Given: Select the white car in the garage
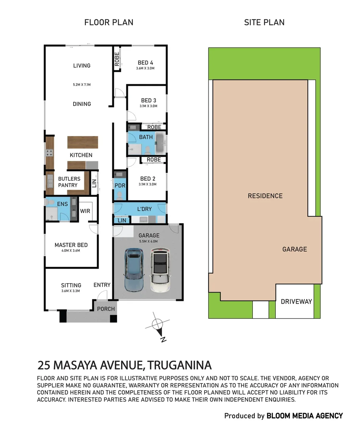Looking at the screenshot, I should click(x=160, y=270).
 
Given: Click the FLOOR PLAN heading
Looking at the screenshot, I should click(x=109, y=23).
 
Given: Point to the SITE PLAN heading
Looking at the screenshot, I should click(x=264, y=23).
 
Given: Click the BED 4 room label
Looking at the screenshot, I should click(x=145, y=63).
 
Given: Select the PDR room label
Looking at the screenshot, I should click(x=119, y=185).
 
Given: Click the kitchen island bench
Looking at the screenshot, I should click(x=82, y=142).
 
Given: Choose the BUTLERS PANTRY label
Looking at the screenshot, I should click(x=69, y=182).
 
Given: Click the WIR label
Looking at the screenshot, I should click(x=85, y=211).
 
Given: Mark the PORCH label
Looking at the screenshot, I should click(x=106, y=309).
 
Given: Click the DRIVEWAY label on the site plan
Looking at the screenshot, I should click(x=296, y=302).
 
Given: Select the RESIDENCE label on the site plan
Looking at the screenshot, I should click(x=265, y=196).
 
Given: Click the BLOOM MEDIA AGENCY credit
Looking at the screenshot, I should click(x=305, y=416).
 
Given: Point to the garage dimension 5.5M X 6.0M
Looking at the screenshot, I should click(x=148, y=241).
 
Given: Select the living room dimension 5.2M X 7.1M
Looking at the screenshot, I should click(x=82, y=85).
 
